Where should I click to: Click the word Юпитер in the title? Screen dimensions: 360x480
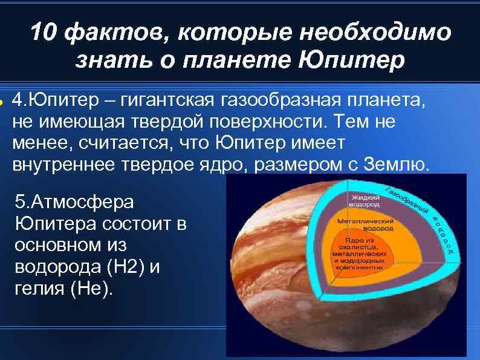tap(353, 60)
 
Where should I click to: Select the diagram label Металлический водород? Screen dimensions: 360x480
tap(365, 225)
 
